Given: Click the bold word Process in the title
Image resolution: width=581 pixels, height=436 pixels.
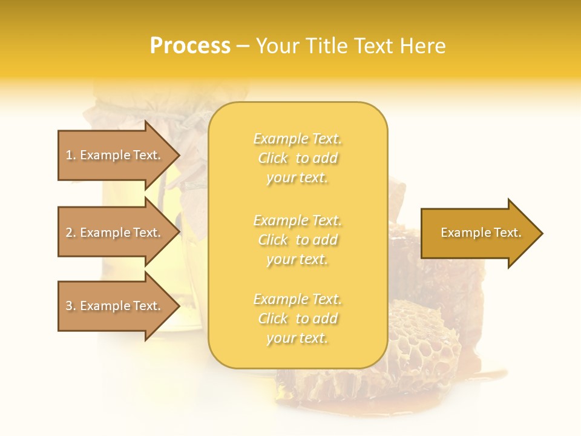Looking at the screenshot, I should point(190,46).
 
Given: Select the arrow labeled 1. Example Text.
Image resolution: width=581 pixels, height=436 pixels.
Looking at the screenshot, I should point(115,155).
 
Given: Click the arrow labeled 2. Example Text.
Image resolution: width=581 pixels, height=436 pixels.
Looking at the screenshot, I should point(115,233).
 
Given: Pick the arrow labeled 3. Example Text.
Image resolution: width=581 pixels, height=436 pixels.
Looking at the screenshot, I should point(115,306).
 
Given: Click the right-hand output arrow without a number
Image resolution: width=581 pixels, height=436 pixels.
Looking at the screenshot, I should point(478,233).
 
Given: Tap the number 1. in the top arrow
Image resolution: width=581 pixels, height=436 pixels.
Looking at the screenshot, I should point(71,155).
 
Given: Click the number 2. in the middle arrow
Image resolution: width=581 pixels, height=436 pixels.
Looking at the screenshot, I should point(71,233).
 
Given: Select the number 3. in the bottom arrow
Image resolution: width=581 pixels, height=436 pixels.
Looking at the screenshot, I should point(71,306).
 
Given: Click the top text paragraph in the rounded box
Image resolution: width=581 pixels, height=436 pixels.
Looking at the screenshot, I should point(297,158).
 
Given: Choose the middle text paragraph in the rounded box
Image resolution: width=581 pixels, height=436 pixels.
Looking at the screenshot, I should point(297,240).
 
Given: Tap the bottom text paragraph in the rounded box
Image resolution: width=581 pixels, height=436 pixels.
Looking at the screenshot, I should point(297,319).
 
